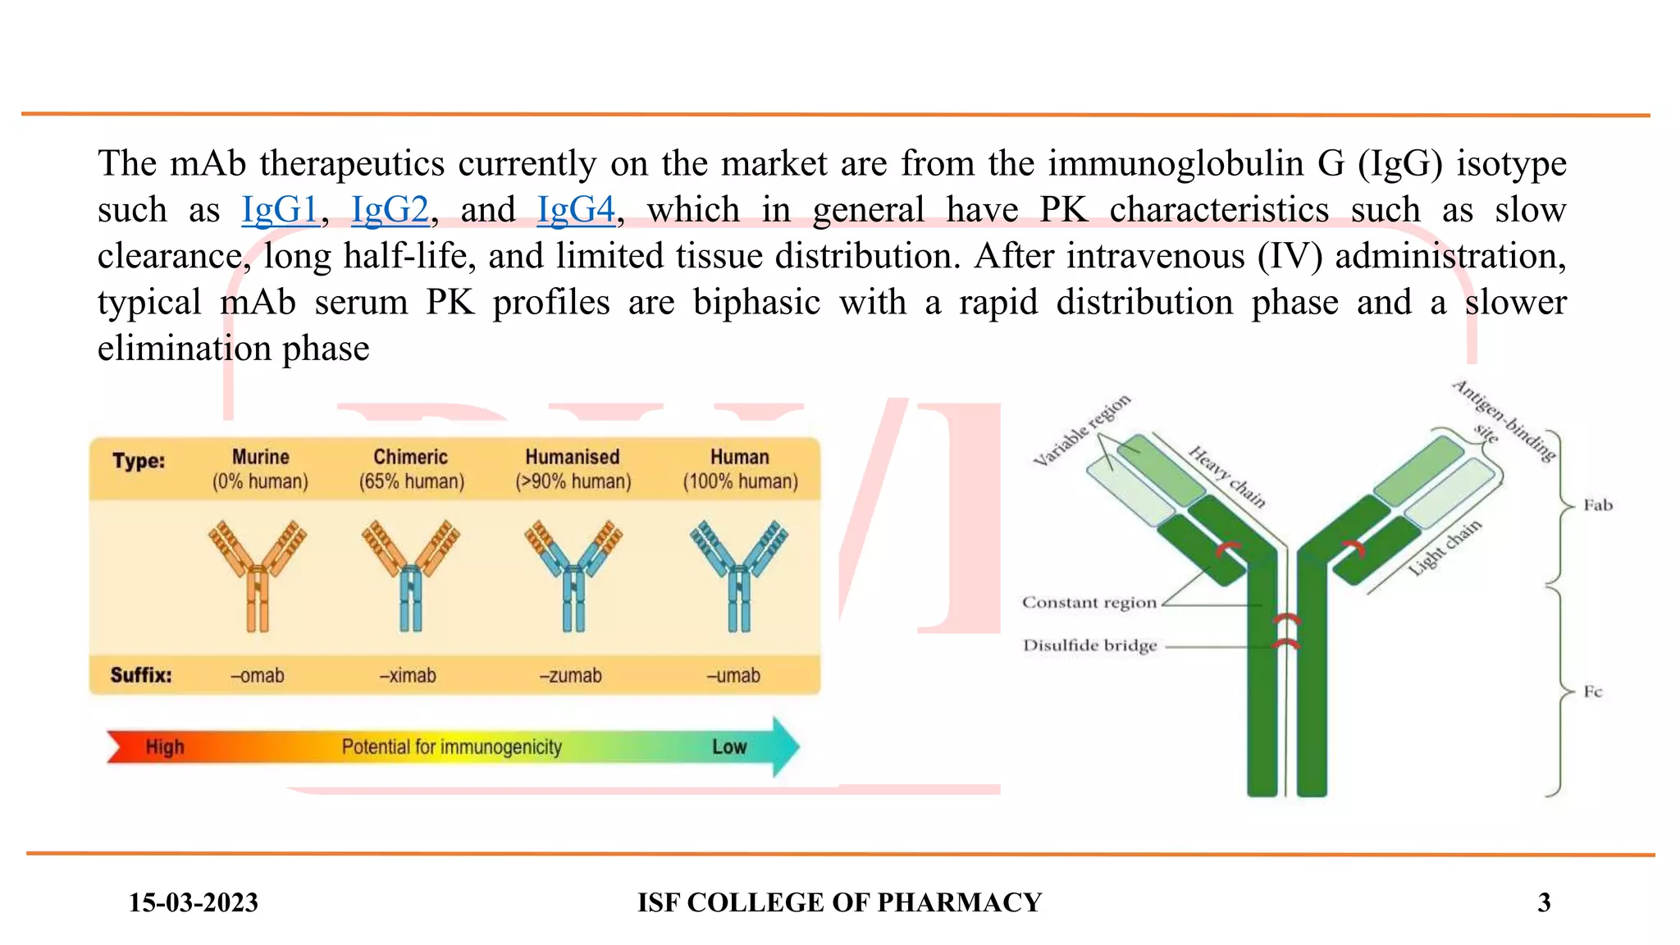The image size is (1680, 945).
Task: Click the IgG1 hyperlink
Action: (280, 210)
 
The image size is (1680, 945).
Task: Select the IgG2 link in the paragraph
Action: (390, 210)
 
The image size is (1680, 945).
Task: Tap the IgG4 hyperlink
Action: (576, 210)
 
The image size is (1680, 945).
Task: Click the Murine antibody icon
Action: (258, 574)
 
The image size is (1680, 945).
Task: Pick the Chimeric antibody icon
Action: (410, 574)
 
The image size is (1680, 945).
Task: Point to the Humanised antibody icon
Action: (573, 574)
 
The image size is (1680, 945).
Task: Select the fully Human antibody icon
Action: (739, 574)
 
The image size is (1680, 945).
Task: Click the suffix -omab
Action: (258, 676)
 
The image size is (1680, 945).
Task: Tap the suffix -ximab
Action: (408, 676)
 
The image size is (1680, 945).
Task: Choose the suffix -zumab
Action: (571, 676)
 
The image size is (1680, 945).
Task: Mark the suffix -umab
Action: (734, 676)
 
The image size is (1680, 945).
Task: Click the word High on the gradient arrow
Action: (165, 747)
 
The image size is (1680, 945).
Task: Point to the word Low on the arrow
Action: (729, 747)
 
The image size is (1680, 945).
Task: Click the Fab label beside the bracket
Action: (1598, 505)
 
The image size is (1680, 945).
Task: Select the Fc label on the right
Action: (1593, 692)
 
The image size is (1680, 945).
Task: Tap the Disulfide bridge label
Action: (1089, 646)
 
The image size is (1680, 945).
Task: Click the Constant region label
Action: (1089, 603)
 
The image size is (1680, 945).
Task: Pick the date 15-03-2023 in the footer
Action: (194, 902)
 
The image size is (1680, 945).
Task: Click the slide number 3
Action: (1544, 902)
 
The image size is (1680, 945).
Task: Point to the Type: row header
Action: (139, 461)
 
